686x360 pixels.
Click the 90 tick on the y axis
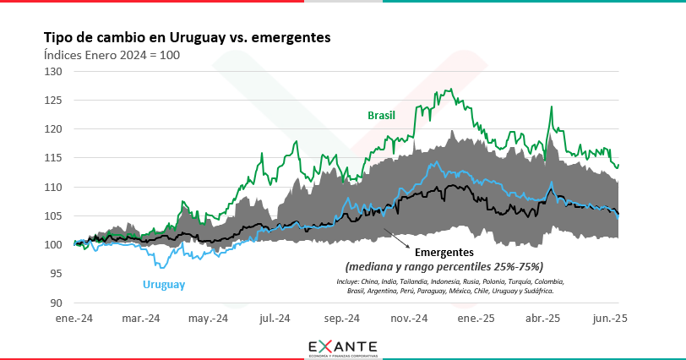coord(56,303)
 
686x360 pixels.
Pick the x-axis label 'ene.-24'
coord(75,319)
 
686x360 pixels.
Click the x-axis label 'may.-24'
coord(209,319)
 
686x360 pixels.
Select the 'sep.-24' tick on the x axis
coord(342,319)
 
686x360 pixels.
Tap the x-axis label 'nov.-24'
coord(409,319)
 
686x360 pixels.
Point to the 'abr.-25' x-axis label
coord(542,319)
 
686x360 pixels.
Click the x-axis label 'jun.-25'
coord(609,319)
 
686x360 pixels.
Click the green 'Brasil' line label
coord(381,115)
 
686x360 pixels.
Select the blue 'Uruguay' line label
coord(164,285)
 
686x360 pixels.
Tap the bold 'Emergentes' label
coord(445,252)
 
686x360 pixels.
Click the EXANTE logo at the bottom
coord(342,346)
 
